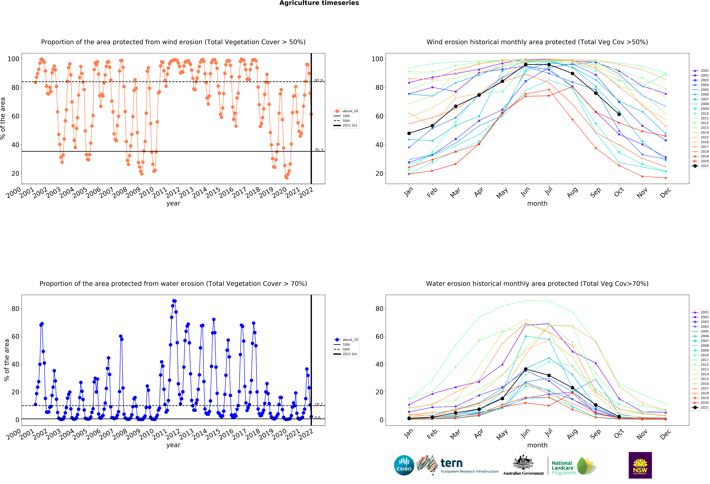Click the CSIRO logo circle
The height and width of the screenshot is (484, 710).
[404, 465]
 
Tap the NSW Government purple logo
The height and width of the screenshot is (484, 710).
[640, 465]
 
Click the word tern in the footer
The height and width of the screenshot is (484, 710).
[452, 463]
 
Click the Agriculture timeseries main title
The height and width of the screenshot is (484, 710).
[319, 3]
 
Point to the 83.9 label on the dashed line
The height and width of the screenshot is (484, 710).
[319, 80]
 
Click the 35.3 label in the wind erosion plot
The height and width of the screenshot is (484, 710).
[319, 150]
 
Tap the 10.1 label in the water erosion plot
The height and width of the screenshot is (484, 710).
[319, 404]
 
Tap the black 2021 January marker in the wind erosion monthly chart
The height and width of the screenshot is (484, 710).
[409, 133]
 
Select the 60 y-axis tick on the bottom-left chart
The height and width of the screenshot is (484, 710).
[15, 336]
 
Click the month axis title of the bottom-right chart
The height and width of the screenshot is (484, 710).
[537, 445]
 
